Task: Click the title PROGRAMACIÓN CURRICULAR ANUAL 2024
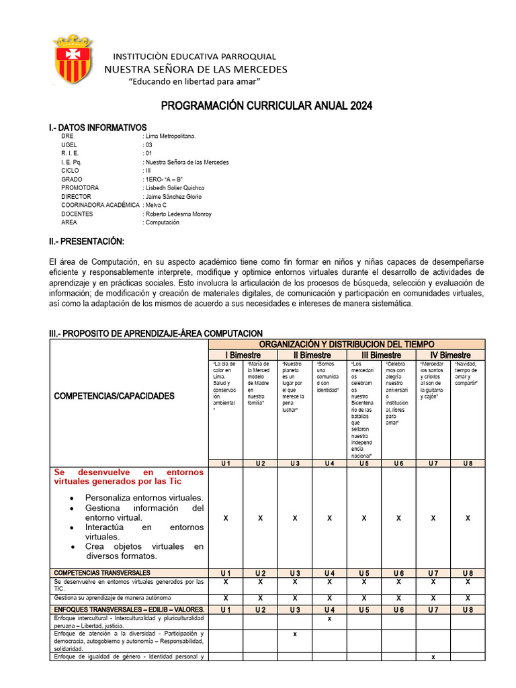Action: (x=265, y=106)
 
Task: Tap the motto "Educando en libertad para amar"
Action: (x=194, y=81)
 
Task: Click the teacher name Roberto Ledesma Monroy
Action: (x=178, y=214)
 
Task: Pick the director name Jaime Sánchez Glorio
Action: (x=173, y=197)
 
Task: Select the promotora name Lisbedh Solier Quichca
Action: (x=175, y=188)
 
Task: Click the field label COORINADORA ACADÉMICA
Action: (x=100, y=206)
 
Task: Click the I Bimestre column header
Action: (x=243, y=355)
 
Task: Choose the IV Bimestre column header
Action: (x=450, y=355)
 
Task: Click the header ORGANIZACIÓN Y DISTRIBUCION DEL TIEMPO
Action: (x=347, y=344)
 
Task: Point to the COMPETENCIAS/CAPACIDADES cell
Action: (x=114, y=396)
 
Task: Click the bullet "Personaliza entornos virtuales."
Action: (x=144, y=498)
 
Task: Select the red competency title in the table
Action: (x=128, y=476)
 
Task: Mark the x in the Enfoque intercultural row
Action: (x=329, y=618)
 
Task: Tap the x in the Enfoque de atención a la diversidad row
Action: (x=294, y=634)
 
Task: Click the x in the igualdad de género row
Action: (x=433, y=657)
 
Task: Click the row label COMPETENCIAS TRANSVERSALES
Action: (x=102, y=573)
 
